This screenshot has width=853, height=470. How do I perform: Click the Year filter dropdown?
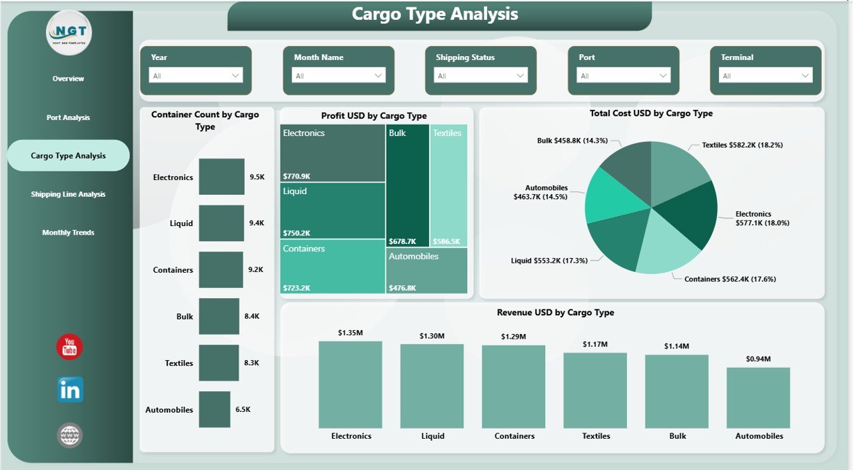195,76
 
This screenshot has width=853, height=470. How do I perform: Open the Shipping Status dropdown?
480,76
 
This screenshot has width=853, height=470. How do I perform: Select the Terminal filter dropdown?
766,76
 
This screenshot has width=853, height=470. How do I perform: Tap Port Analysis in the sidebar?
68,117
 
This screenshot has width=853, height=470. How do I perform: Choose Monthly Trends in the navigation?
68,233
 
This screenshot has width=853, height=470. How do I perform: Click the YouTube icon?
69,347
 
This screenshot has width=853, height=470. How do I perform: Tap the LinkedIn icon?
70,390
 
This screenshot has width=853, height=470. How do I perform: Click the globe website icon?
70,435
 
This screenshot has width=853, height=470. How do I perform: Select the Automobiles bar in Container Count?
214,409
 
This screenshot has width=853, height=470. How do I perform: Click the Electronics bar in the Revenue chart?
351,384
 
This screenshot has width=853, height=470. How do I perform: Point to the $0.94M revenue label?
758,359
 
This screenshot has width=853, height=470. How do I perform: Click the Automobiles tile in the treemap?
426,271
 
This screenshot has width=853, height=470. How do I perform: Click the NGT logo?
69,32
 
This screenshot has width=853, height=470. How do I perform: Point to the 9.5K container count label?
257,177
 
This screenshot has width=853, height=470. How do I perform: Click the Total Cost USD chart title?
651,113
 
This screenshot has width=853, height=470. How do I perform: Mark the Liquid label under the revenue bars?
432,436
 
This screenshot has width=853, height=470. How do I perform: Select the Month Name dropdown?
338,76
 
